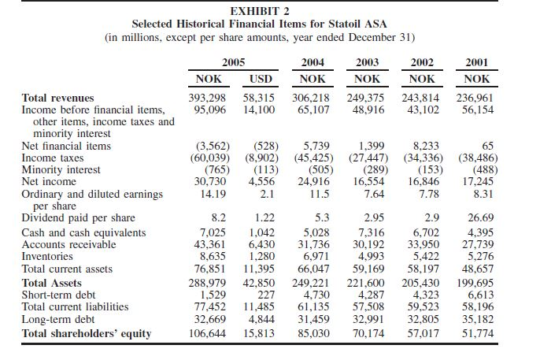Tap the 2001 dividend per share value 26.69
pos(479,218)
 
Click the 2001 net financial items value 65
pos(487,146)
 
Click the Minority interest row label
pos(61,169)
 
